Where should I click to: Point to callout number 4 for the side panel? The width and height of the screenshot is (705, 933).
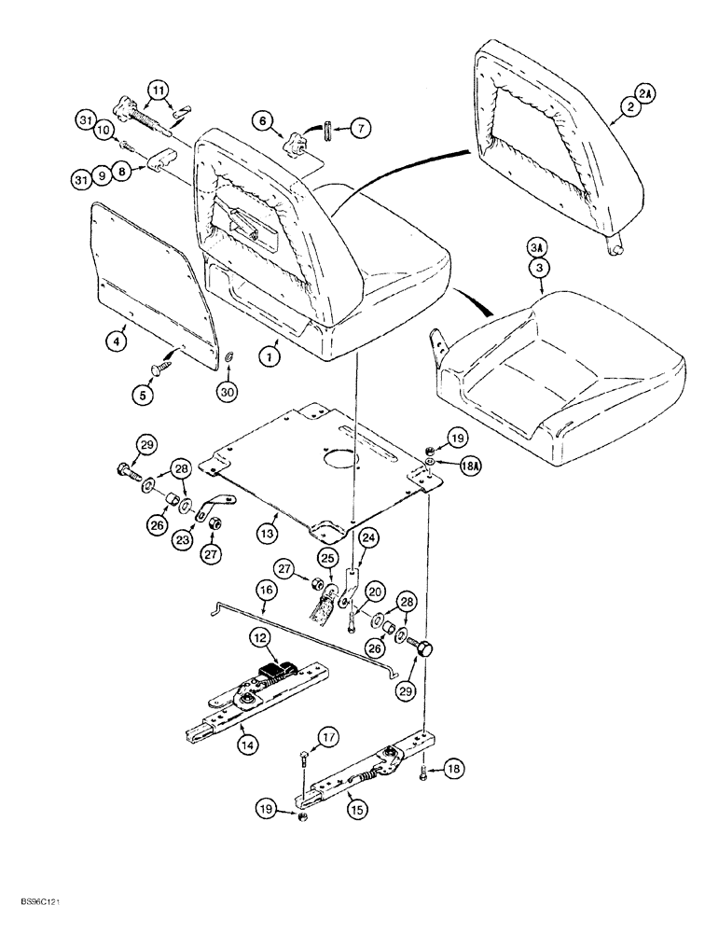tap(114, 342)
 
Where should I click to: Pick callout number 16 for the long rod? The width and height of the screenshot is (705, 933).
tap(265, 592)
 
